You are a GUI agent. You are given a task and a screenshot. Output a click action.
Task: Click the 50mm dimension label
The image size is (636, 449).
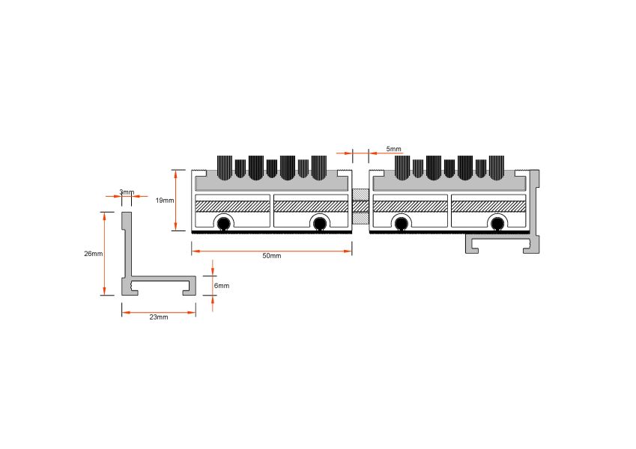[271, 256]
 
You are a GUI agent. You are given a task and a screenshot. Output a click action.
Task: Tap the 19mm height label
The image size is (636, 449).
[165, 201]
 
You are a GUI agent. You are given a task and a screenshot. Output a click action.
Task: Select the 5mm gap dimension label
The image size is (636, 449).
[393, 149]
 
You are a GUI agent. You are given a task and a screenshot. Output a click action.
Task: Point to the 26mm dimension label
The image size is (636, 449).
[94, 254]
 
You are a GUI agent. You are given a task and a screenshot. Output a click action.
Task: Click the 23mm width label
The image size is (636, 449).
[159, 317]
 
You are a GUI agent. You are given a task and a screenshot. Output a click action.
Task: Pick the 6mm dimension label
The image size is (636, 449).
[222, 286]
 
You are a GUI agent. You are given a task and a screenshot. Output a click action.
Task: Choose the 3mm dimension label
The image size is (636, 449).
[127, 192]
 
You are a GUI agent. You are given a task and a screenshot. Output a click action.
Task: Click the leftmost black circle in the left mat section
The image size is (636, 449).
[223, 223]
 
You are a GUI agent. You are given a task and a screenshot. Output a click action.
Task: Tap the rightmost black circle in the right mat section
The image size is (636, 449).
[497, 223]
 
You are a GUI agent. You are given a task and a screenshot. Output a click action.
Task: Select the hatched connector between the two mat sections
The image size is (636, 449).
[360, 207]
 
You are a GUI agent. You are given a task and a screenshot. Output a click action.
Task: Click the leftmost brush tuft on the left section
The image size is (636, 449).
[225, 168]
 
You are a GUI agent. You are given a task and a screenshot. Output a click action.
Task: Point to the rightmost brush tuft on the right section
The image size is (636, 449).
[497, 168]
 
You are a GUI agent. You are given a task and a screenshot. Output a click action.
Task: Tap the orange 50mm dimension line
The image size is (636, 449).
[271, 251]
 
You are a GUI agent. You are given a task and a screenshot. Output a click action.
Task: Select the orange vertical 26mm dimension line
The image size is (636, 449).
[104, 254]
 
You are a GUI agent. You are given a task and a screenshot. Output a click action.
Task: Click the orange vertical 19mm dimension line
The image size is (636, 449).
[175, 201]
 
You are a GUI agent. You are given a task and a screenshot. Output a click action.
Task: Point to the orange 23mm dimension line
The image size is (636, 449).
[159, 313]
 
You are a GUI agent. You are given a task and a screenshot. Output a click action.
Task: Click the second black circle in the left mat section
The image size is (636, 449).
[320, 223]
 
